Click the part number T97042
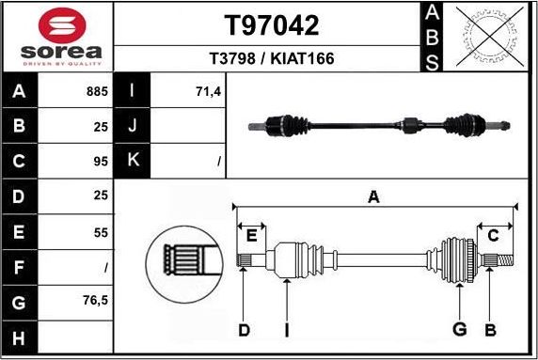[x=271, y=25]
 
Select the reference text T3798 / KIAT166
[x=271, y=59]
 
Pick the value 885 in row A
[x=97, y=93]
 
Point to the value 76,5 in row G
[x=95, y=301]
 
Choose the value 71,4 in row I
[x=207, y=93]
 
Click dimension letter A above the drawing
[x=373, y=196]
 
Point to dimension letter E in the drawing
[x=252, y=235]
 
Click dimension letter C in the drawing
[x=491, y=235]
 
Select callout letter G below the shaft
[x=459, y=329]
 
